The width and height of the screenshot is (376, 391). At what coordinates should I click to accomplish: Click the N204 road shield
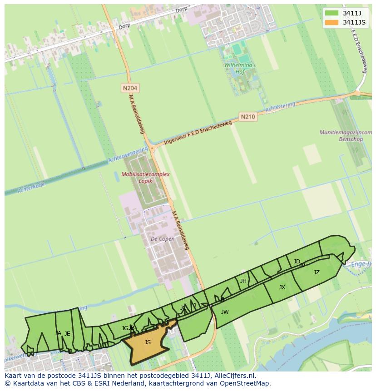coord(130,88)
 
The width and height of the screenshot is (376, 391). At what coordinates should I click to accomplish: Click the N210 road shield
coord(248,117)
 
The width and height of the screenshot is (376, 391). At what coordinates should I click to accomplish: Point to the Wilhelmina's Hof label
coord(240,68)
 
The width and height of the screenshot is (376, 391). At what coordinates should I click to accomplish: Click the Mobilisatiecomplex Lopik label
coord(145,178)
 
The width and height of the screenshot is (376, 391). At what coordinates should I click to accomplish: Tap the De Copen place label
coord(163,239)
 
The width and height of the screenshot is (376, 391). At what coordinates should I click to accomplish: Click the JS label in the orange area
coord(148,342)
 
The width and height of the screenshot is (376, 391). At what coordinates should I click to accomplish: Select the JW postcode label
coord(225,312)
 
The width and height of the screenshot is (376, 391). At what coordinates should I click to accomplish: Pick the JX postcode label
coord(282,287)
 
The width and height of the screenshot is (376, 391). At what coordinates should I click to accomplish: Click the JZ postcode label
coord(317,272)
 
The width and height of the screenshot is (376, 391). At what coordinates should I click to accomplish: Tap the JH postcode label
coord(243,281)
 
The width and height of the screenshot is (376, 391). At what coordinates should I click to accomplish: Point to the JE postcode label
coord(67,334)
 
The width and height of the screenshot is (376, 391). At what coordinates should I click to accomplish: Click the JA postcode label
coord(58,333)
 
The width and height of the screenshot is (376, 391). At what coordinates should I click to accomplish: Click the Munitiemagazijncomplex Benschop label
coord(346,136)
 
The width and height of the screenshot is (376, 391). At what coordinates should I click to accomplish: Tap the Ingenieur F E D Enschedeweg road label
coord(198,132)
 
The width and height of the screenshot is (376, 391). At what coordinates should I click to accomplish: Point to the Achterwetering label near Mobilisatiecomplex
coord(129,154)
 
